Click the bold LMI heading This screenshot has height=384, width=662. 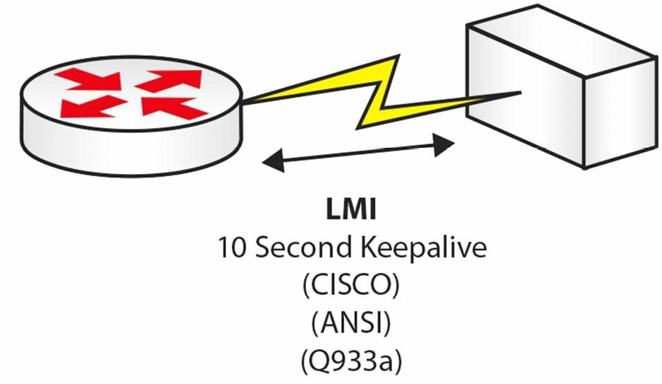tap(351, 209)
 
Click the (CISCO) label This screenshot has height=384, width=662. tap(351, 286)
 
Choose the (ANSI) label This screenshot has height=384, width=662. tap(351, 323)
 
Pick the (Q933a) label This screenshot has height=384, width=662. tap(351, 361)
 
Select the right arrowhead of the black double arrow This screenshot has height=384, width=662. tap(444, 145)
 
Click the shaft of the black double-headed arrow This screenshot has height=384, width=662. tap(359, 153)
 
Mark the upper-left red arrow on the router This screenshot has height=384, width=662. tap(88, 79)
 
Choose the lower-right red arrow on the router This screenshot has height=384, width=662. tap(175, 107)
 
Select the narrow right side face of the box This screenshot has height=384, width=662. tap(620, 114)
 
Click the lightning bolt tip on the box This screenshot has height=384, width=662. tap(521, 92)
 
